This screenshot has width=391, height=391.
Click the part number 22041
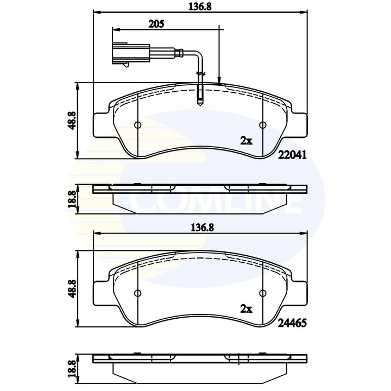293,154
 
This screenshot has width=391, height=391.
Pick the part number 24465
293,321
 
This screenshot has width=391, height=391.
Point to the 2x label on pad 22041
247,141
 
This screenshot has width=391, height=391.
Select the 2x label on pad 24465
247,308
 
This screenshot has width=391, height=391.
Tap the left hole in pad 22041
137,125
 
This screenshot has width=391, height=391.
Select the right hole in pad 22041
263,125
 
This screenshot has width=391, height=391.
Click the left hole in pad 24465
137,293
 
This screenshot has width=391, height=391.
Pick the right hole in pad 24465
263,293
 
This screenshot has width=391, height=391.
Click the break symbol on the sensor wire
200,73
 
